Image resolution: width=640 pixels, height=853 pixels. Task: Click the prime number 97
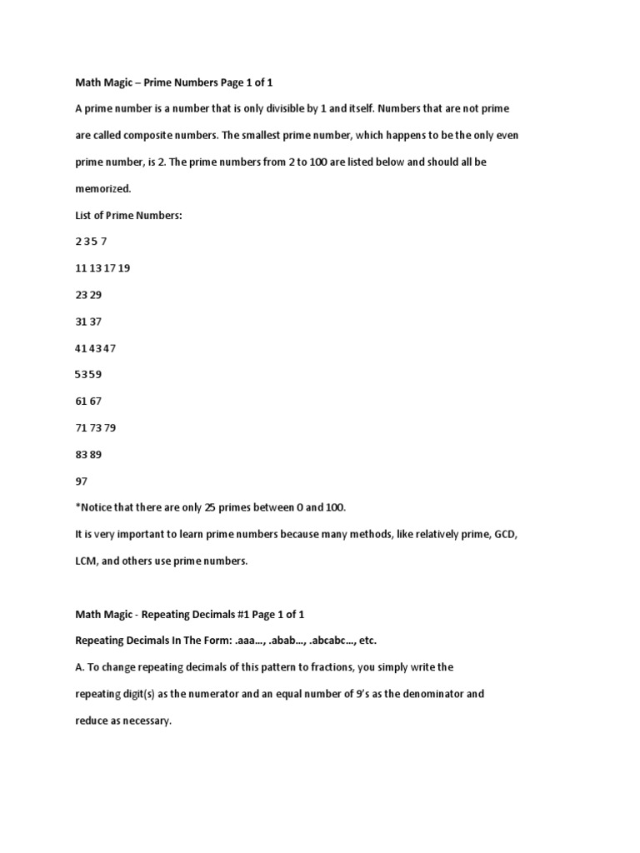click(81, 481)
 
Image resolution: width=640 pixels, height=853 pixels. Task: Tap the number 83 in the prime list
click(81, 455)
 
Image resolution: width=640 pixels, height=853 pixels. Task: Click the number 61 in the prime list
click(81, 402)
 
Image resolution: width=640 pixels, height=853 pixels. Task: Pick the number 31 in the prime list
click(81, 322)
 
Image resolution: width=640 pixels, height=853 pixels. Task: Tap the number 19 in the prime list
click(124, 268)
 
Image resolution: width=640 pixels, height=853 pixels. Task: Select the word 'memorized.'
click(104, 188)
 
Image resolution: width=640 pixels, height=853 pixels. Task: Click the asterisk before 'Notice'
click(77, 507)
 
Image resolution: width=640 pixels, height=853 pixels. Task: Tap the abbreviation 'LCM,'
click(88, 561)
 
